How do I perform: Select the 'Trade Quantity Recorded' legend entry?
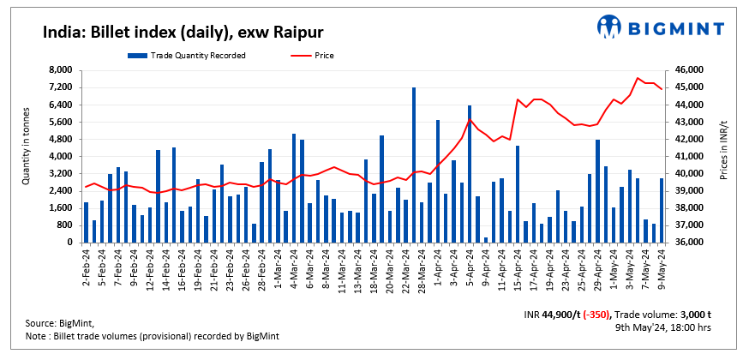(x=187, y=56)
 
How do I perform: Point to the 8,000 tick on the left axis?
(x=59, y=70)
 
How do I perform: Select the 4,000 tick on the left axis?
(x=59, y=157)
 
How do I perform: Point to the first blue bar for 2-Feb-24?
(x=87, y=222)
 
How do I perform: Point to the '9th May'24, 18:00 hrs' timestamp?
(x=664, y=327)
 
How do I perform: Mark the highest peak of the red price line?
(x=638, y=78)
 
